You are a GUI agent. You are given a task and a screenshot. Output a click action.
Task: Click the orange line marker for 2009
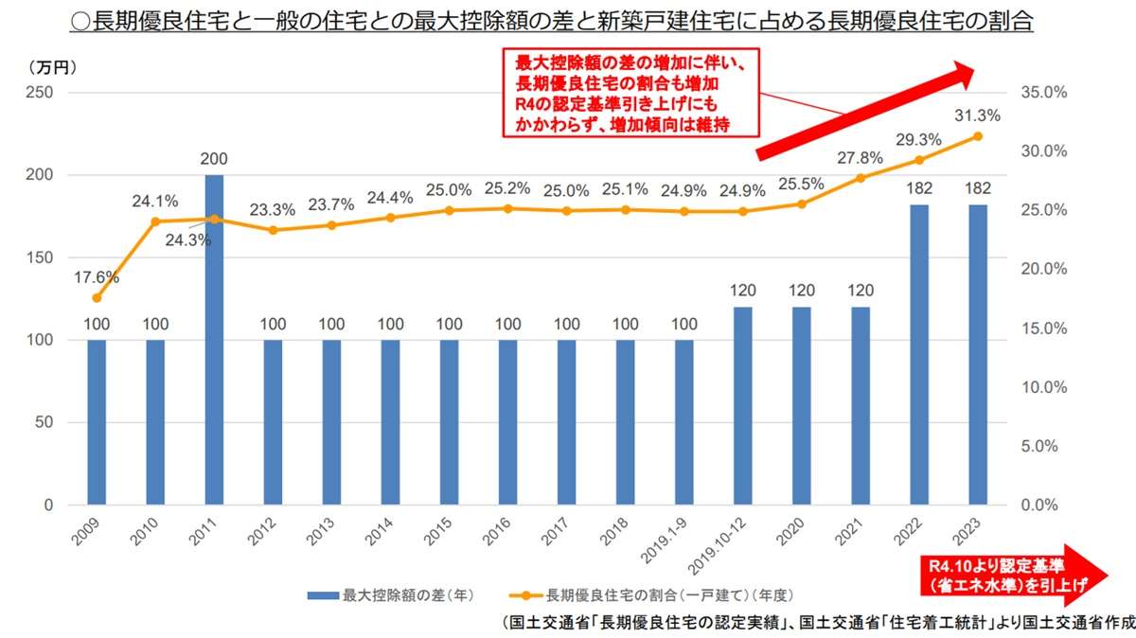(97, 297)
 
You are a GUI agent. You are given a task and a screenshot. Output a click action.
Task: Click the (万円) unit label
(53, 67)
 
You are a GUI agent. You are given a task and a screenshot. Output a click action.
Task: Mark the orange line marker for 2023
(978, 136)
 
